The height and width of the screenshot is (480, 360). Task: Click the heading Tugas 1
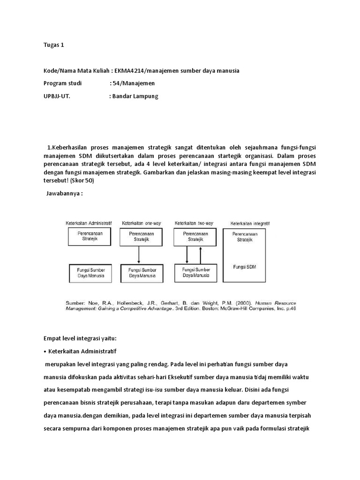tap(53, 45)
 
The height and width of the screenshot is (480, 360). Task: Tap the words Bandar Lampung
tap(135, 96)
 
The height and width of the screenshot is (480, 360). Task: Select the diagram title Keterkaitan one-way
tap(141, 224)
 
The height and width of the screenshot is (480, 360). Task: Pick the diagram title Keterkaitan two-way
tap(194, 224)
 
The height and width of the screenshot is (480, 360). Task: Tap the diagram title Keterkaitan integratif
tap(249, 224)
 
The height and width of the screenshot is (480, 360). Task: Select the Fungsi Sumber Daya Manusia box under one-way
tap(141, 273)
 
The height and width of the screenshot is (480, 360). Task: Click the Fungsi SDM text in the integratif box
tap(244, 267)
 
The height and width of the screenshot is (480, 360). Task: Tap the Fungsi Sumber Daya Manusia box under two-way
tap(196, 273)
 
